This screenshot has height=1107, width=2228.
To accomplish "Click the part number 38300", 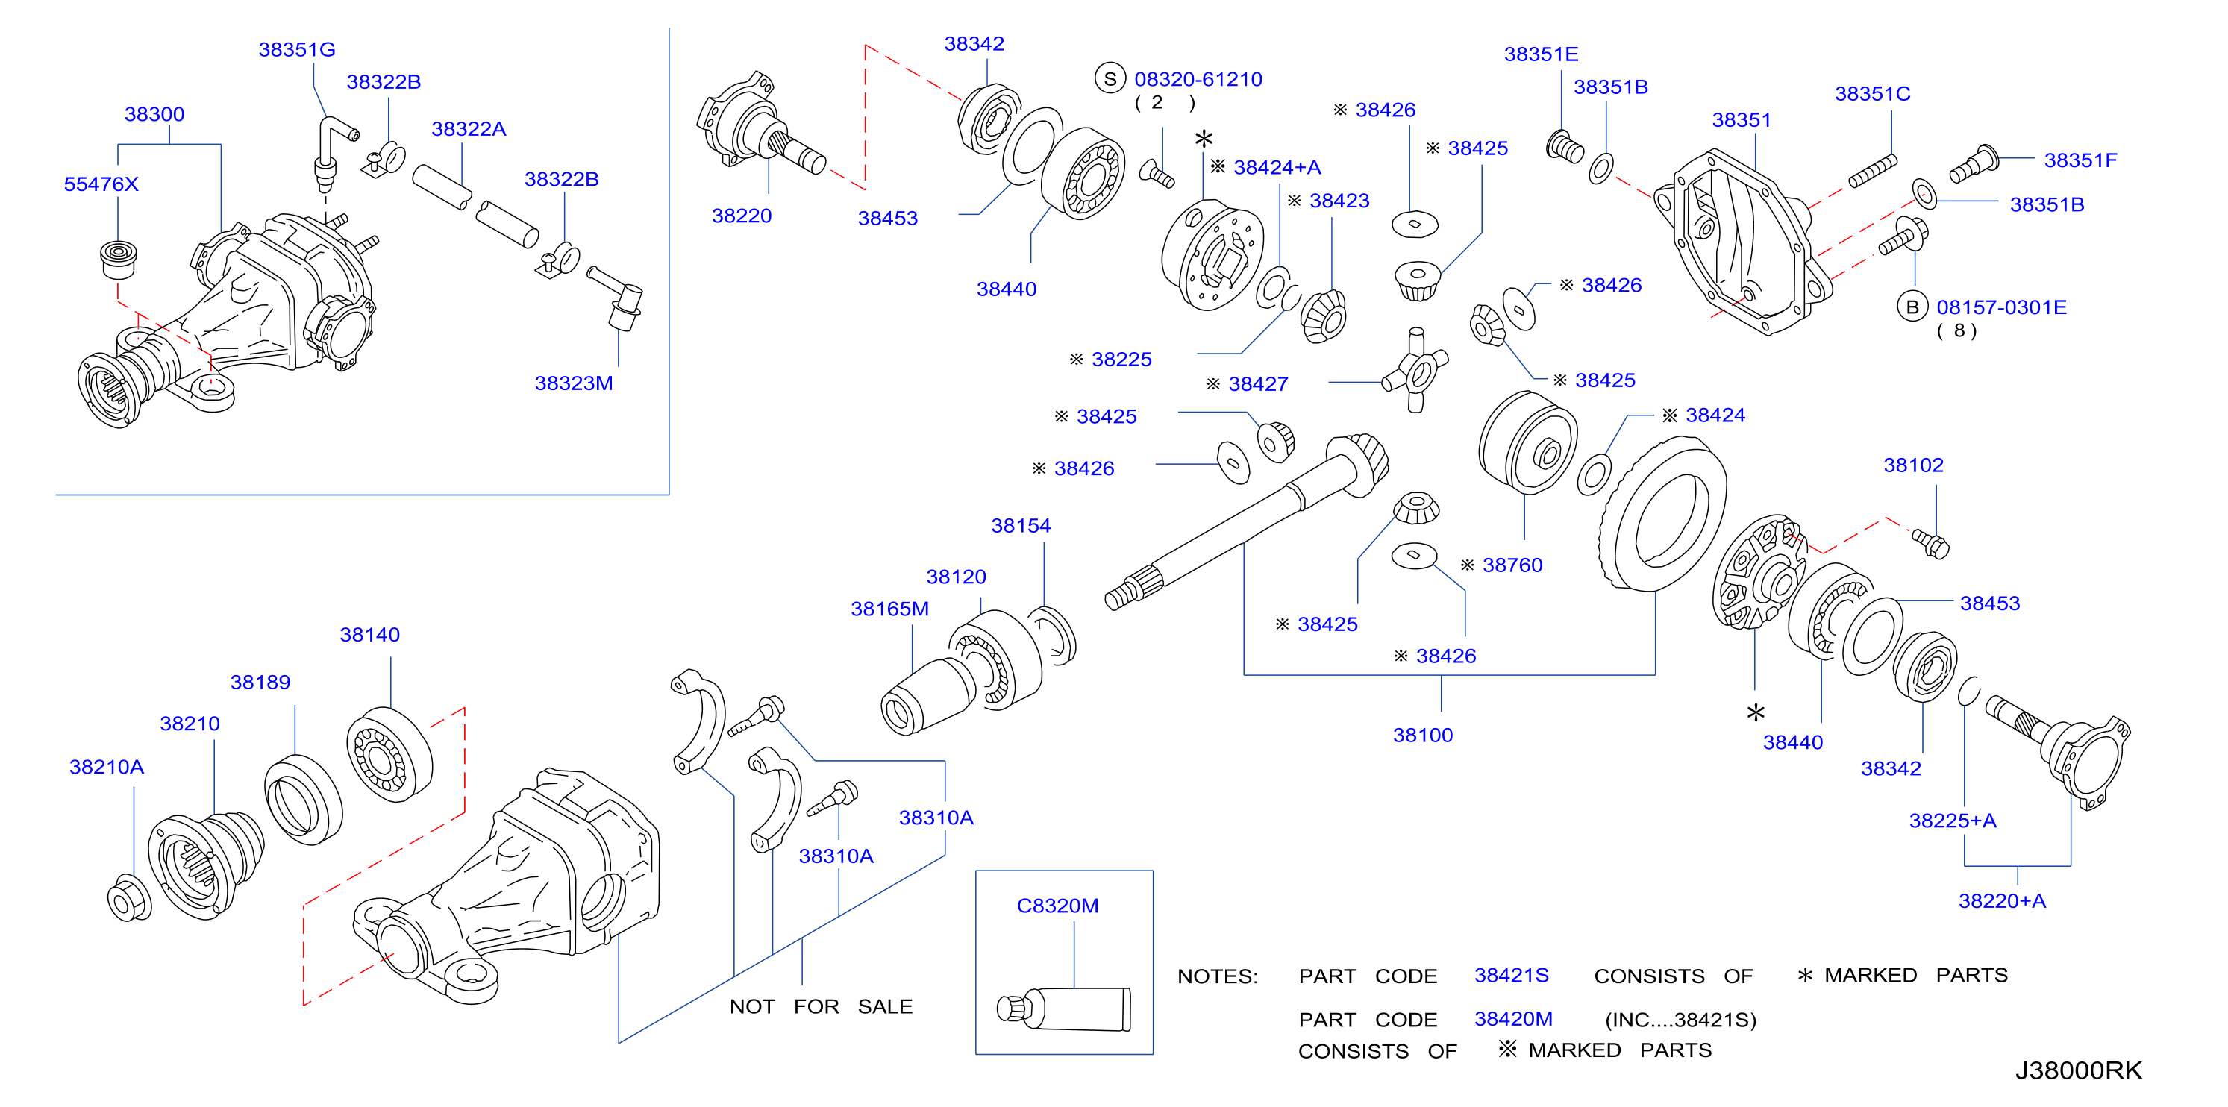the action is click(x=154, y=114).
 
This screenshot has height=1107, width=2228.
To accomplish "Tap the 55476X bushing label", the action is click(x=101, y=184).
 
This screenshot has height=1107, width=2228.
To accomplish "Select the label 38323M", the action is click(x=574, y=383).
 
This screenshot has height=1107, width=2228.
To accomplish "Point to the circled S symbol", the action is click(x=1110, y=79).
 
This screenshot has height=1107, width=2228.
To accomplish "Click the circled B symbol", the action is click(x=1912, y=307).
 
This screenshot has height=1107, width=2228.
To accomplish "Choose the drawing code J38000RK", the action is click(x=2078, y=1070).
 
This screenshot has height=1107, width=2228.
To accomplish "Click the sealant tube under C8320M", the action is click(x=1064, y=1009).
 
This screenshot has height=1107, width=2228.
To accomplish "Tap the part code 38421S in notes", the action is click(x=1511, y=976).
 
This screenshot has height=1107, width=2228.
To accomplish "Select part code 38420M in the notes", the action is click(x=1514, y=1019).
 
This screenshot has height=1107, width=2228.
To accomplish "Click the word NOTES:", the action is click(x=1218, y=976).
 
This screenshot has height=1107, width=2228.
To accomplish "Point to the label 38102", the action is click(x=1913, y=465).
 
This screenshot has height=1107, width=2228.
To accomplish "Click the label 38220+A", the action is click(x=2002, y=901).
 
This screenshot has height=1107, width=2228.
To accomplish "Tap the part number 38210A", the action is click(x=107, y=767).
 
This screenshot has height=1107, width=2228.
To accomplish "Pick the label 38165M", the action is click(x=889, y=609).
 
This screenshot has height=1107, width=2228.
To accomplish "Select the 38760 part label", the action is click(x=1512, y=565).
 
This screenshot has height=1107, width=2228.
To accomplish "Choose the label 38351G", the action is click(x=297, y=50).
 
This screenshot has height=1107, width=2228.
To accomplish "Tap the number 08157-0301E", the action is click(x=2001, y=307).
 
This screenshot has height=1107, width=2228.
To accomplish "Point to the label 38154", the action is click(x=1021, y=526).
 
